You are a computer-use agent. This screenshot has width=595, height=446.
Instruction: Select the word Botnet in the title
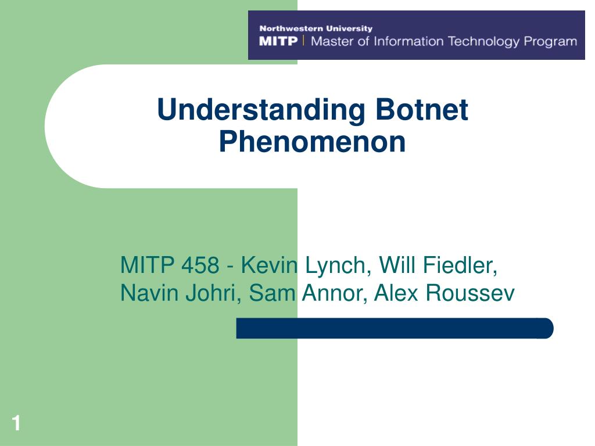(x=422, y=109)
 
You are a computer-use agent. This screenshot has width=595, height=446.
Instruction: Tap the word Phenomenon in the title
(x=312, y=142)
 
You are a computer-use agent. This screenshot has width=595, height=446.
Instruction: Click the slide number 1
(x=16, y=423)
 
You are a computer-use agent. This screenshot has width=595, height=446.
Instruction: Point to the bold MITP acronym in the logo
(x=278, y=41)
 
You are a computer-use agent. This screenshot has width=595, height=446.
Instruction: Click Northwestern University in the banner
(x=316, y=28)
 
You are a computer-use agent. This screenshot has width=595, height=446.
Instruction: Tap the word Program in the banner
(x=550, y=41)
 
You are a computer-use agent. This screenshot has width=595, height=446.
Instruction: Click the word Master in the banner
(x=332, y=41)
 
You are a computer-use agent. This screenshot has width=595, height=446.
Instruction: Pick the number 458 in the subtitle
(x=200, y=265)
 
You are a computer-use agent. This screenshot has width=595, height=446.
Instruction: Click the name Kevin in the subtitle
(x=269, y=265)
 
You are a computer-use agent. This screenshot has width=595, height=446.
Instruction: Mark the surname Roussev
(x=470, y=293)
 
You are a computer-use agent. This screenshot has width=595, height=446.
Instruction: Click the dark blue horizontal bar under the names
(x=395, y=328)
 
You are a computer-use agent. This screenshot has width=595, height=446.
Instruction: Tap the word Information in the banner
(x=408, y=41)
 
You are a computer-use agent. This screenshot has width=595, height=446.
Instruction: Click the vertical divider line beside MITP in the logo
(x=303, y=40)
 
